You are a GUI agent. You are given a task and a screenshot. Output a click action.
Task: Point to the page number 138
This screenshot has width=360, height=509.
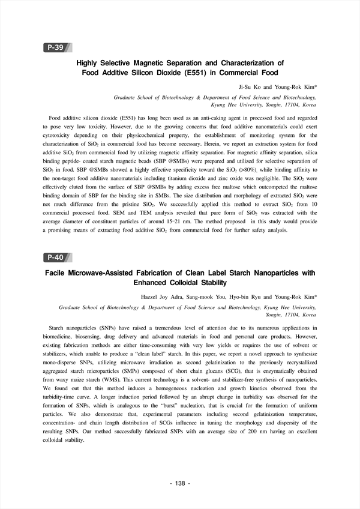tap(180, 483)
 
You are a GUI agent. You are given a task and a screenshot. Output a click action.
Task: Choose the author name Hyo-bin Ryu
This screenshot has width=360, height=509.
tap(250, 297)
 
